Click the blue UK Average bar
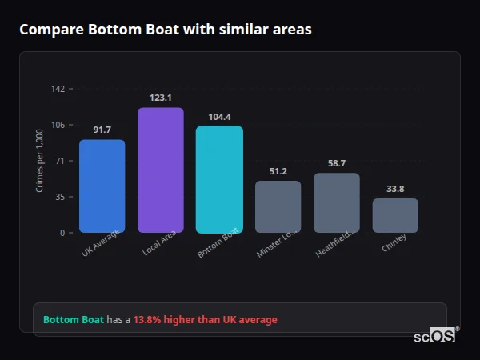pyautogui.click(x=102, y=186)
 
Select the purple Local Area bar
pyautogui.click(x=161, y=170)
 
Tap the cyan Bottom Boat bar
pyautogui.click(x=219, y=179)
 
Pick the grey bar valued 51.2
pyautogui.click(x=278, y=206)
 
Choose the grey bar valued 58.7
pyautogui.click(x=337, y=202)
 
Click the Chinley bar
pyautogui.click(x=395, y=215)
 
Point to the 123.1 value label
pyautogui.click(x=161, y=98)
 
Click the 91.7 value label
pyautogui.click(x=102, y=130)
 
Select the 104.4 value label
pyautogui.click(x=219, y=117)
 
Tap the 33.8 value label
pyautogui.click(x=395, y=189)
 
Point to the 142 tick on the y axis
pyautogui.click(x=58, y=89)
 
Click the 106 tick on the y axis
pyautogui.click(x=58, y=125)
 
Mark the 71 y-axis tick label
pyautogui.click(x=59, y=161)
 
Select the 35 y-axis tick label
pyautogui.click(x=59, y=197)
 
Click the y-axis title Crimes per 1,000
pyautogui.click(x=40, y=161)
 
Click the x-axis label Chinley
pyautogui.click(x=394, y=242)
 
